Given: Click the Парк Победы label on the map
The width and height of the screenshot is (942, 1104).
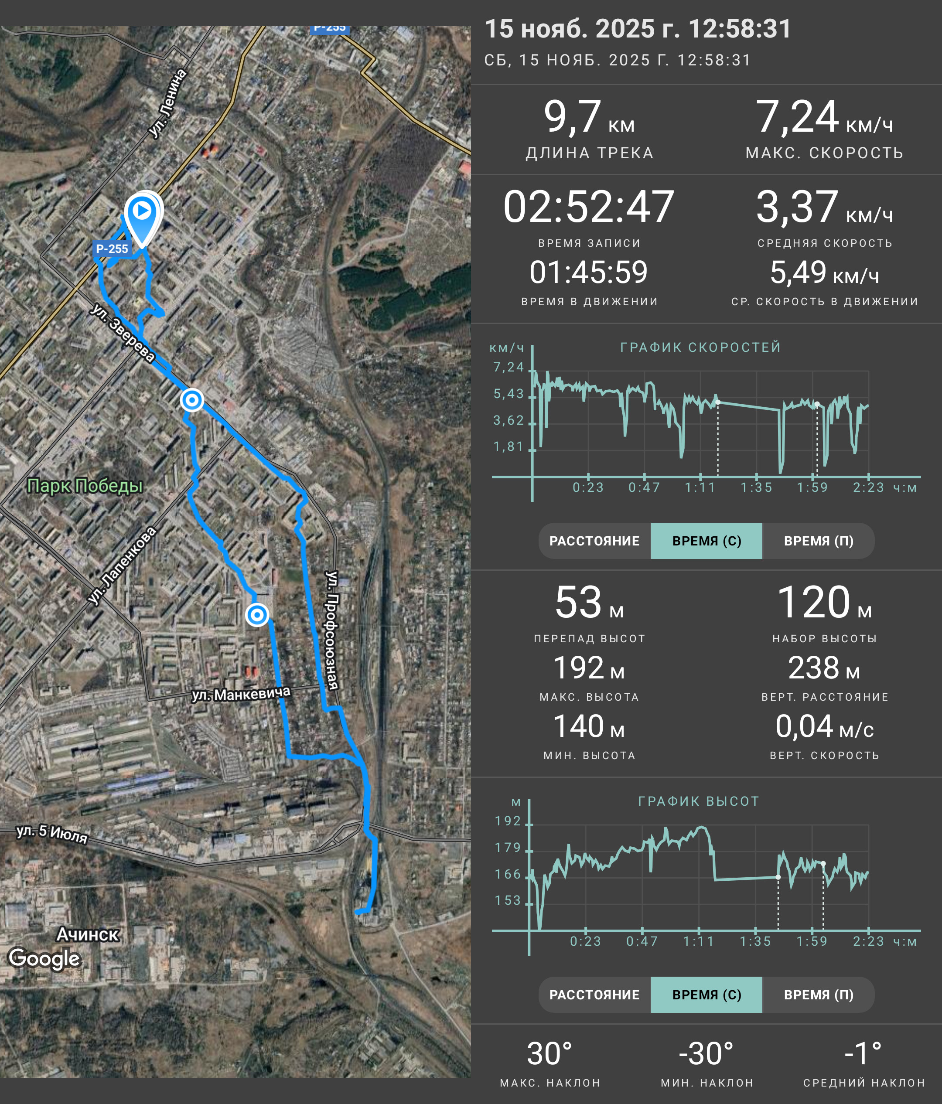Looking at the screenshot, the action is coord(85,485).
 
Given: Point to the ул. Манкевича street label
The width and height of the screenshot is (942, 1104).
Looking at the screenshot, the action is coord(241,693).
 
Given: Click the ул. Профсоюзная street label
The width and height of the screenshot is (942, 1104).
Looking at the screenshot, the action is coord(332,630).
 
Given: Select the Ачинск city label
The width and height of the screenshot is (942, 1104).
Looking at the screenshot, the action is coord(88,934).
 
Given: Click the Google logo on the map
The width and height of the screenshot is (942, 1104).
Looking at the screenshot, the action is coord(45,958).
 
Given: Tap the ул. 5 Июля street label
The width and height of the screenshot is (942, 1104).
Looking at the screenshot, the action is coord(52,833).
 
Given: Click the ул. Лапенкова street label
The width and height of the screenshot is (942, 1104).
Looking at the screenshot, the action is coord(122,566).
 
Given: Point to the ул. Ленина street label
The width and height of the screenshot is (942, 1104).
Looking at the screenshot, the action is coord(167,104).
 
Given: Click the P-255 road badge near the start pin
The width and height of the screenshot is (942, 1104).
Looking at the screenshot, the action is coord(112,248).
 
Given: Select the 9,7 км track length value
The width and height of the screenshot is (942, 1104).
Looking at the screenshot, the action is coord(589,117).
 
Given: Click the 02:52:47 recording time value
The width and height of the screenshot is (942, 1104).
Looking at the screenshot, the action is coord(589,207).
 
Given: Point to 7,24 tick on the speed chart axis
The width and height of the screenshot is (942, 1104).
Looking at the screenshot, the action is coord(509,367).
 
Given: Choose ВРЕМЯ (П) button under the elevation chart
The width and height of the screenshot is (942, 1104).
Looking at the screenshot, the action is coord(819,995).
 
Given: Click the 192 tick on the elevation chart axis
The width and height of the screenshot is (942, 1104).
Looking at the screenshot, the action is coord(508,821).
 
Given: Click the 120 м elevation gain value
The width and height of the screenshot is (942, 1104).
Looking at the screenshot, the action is coord(824,602).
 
